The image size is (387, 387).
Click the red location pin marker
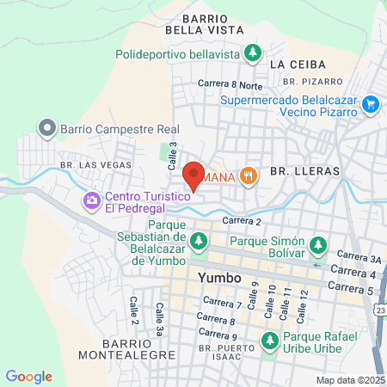[194, 175]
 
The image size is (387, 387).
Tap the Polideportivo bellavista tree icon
[252, 53]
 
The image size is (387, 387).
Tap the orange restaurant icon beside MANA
[249, 175]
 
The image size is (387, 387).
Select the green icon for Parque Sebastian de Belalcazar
[199, 241]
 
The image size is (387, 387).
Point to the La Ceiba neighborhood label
[294, 64]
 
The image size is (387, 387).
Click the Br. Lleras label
[304, 172]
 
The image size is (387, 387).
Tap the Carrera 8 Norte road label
[230, 84]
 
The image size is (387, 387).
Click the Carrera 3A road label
[359, 257]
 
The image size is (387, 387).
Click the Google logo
[29, 377]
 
